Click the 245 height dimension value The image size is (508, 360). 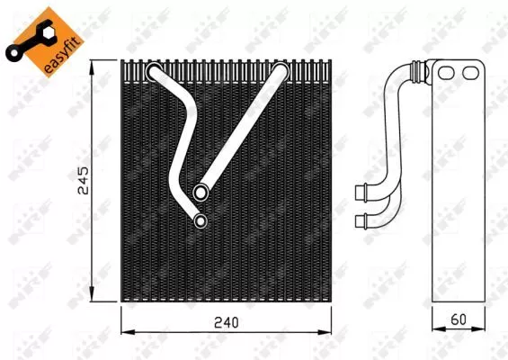(84, 181)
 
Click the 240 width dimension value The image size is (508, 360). (227, 322)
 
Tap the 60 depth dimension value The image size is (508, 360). (459, 319)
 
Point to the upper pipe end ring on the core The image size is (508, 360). (201, 193)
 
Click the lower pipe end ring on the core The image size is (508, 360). (201, 221)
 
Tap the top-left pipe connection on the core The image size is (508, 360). (154, 72)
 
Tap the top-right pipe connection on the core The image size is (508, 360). (280, 72)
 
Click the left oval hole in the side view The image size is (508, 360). (446, 73)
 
